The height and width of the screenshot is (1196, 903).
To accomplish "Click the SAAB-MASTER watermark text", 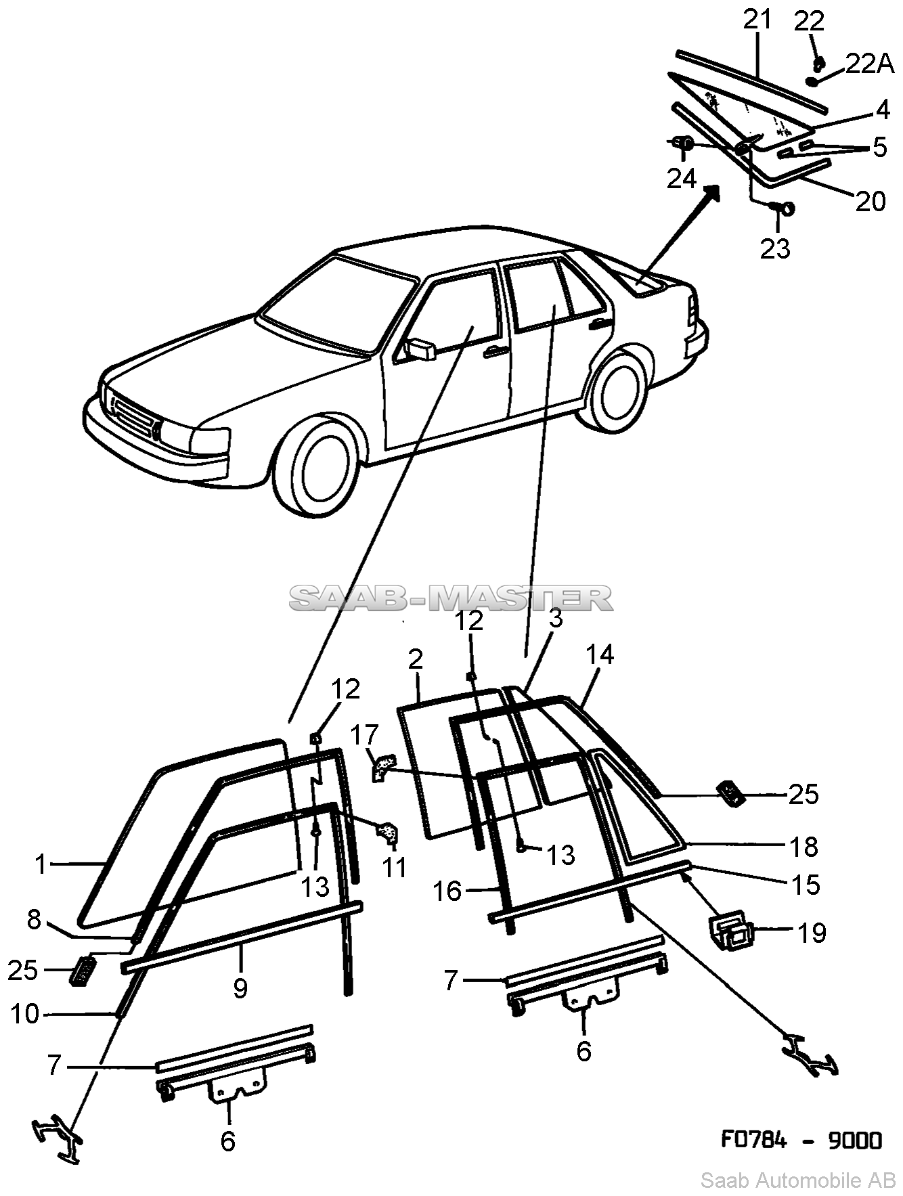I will tap(451, 598).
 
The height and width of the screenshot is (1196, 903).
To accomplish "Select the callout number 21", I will tap(757, 20).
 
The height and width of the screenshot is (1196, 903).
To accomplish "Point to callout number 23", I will tap(775, 248).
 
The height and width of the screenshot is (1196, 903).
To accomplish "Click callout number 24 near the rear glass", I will tap(681, 178).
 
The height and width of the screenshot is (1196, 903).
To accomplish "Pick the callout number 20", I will tap(870, 201).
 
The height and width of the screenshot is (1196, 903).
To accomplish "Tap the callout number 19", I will tap(812, 933).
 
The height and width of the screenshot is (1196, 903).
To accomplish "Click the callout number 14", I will tap(600, 655).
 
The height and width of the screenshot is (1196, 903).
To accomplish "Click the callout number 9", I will tap(240, 988).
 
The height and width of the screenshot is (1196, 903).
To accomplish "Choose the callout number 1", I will tap(42, 864).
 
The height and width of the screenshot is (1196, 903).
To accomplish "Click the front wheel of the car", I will tap(324, 467).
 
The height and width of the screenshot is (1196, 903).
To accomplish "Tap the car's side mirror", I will tap(420, 349).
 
